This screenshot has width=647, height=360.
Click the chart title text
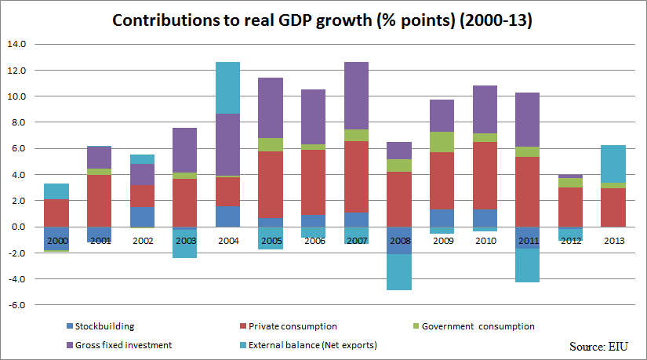(322, 20)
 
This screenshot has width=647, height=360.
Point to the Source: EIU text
(598, 345)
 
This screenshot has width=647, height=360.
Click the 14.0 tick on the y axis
(16, 45)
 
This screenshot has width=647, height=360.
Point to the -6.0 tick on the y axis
(16, 305)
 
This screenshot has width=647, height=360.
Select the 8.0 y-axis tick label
(17, 122)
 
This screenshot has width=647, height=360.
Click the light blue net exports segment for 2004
(227, 88)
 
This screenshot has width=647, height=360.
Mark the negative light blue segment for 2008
(399, 272)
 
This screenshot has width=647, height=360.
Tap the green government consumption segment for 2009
(442, 142)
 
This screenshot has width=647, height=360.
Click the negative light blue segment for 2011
(527, 265)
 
